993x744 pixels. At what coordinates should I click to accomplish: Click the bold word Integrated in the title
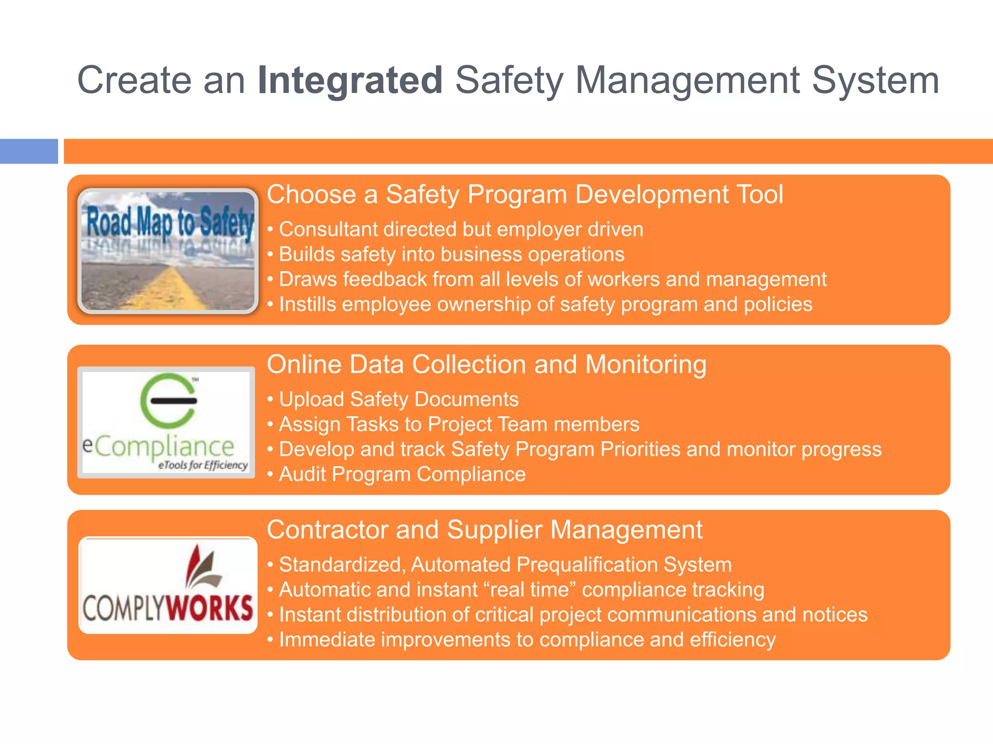[350, 80]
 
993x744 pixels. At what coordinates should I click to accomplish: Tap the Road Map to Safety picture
[168, 250]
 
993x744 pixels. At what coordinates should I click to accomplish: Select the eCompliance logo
[166, 422]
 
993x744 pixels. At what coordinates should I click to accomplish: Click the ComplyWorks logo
[168, 585]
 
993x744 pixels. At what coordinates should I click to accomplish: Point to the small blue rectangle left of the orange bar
[29, 151]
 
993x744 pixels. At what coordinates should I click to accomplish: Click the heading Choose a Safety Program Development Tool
[525, 195]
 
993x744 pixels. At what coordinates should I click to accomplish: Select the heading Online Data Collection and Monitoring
[486, 365]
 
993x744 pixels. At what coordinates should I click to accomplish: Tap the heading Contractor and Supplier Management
[484, 530]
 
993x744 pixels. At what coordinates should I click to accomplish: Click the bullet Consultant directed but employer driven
[461, 230]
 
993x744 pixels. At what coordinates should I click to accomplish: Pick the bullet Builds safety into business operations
[451, 255]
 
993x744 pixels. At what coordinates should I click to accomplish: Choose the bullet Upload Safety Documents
[399, 400]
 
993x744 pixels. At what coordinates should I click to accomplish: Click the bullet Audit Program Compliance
[402, 475]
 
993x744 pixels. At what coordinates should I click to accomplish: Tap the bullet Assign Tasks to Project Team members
[459, 425]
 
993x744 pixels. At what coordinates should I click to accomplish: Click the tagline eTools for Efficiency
[203, 465]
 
